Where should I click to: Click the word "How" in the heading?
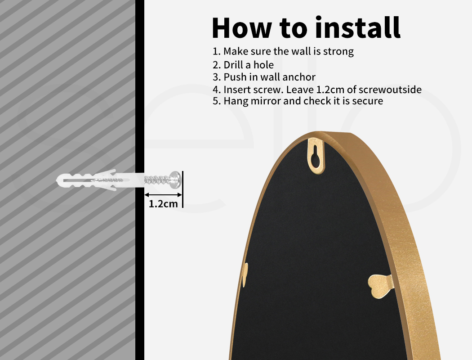242,27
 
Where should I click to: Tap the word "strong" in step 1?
338,51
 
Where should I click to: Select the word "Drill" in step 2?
234,65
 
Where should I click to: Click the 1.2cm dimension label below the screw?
163,204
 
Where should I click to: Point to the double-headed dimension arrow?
164,194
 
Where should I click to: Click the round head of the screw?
175,180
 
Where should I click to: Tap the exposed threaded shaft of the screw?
157,180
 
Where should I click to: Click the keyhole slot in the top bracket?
316,156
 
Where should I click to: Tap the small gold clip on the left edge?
245,274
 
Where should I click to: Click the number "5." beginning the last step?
217,101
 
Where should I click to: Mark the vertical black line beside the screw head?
183,189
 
